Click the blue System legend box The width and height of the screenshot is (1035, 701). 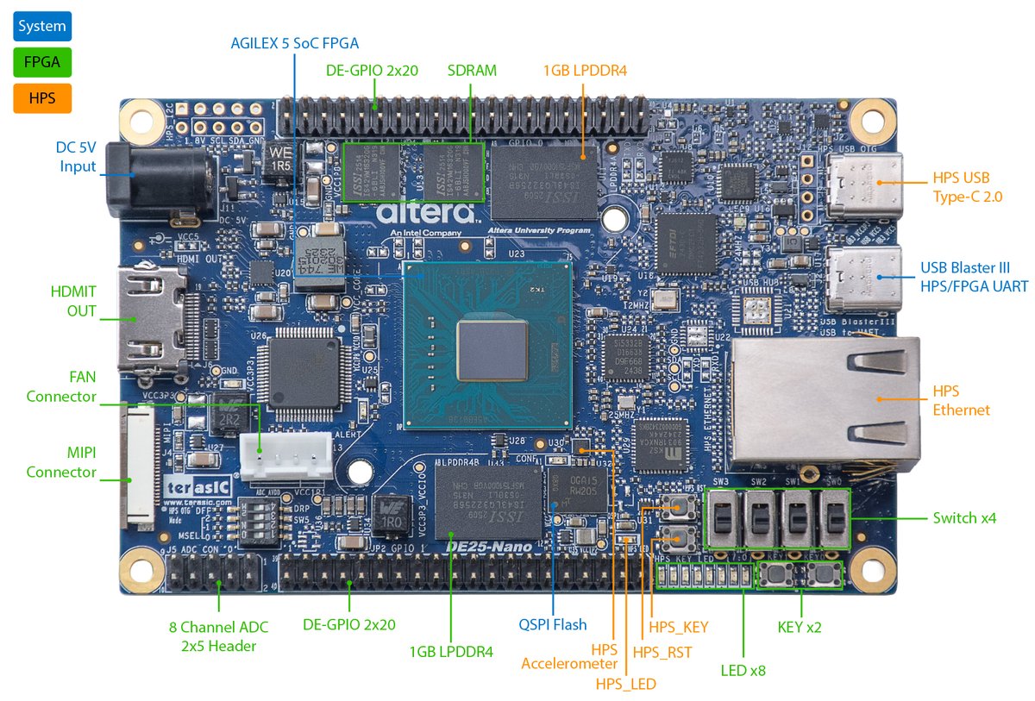coord(41,26)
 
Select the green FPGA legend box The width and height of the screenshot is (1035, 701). coord(41,62)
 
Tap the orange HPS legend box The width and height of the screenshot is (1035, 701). coord(41,98)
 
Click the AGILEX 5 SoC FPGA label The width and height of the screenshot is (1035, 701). coord(294,42)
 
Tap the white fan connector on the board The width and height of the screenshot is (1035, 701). coord(285,454)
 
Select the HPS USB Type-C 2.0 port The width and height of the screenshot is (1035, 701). coord(864,185)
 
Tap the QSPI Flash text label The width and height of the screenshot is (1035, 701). coord(552,624)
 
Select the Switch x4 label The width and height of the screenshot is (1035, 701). coord(964,518)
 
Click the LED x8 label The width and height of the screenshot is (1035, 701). coord(743,670)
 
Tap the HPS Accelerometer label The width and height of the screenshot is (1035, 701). coord(569,655)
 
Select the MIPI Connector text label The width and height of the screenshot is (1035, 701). coord(61,462)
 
